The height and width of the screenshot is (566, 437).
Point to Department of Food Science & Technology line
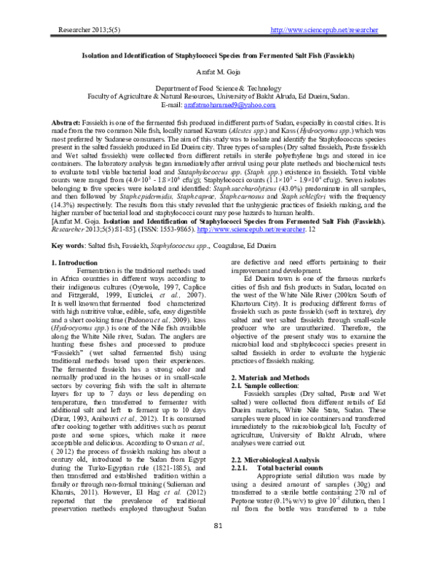pyautogui.click(x=219, y=87)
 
